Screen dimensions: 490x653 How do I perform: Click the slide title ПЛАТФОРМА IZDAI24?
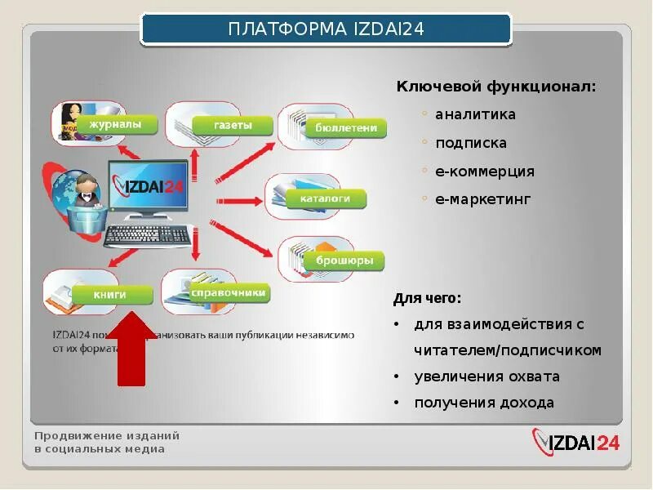(326, 30)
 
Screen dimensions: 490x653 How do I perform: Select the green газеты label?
(233, 126)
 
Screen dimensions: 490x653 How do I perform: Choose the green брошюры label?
(344, 261)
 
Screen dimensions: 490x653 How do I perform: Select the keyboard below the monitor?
(147, 235)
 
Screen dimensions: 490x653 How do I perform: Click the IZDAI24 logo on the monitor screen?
(148, 187)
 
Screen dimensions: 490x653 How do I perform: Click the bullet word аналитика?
(475, 115)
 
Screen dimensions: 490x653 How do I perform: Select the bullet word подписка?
(471, 144)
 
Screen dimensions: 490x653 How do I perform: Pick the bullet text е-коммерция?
(485, 171)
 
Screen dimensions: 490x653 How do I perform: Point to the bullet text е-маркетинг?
(483, 199)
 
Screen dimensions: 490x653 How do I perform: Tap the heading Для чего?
(427, 297)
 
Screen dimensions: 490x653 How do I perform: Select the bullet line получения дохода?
(484, 403)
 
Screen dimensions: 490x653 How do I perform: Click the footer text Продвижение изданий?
(107, 435)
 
